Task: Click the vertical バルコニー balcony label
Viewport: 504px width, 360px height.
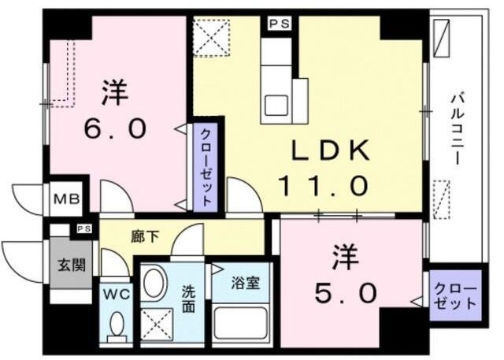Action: (456, 130)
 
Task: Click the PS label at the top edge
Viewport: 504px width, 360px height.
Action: (278, 24)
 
